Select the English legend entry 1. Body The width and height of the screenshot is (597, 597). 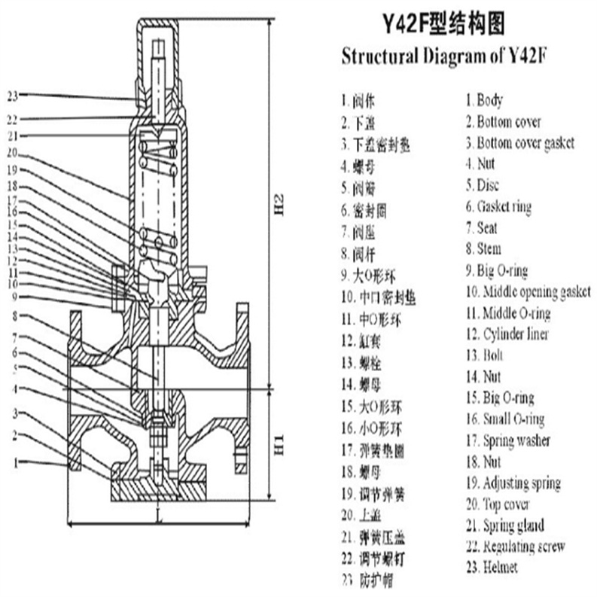(x=483, y=100)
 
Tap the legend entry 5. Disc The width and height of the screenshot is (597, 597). (x=482, y=185)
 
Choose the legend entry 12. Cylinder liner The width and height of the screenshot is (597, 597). (x=507, y=334)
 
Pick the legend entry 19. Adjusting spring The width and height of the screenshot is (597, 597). (x=512, y=483)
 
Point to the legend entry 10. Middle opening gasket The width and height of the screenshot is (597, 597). (x=527, y=292)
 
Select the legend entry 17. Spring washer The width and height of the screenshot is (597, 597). (x=507, y=440)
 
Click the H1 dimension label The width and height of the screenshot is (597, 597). (x=279, y=443)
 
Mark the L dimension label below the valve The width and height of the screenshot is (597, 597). (x=160, y=519)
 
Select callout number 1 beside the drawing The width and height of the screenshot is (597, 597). (x=14, y=461)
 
